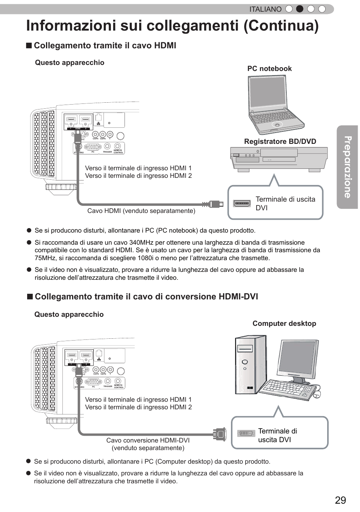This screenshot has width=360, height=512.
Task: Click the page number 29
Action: (340, 500)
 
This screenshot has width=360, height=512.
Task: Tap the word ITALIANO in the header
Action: (265, 9)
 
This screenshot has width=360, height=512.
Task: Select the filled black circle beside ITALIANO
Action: (300, 9)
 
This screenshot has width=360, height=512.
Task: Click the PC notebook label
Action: (269, 69)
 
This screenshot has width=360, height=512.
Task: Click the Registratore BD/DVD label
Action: (280, 142)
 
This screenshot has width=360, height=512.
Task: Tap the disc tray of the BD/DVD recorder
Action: (279, 153)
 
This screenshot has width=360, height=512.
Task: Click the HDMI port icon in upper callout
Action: (242, 203)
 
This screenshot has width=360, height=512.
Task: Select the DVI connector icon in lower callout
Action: (246, 433)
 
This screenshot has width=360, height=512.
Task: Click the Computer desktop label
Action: (284, 324)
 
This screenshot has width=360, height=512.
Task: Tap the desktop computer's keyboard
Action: (287, 389)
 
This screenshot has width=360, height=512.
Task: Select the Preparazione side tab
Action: (347, 167)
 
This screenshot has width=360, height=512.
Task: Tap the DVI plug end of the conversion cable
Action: (220, 434)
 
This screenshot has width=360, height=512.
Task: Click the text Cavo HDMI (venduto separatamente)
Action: (141, 211)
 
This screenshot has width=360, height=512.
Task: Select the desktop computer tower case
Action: (251, 365)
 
